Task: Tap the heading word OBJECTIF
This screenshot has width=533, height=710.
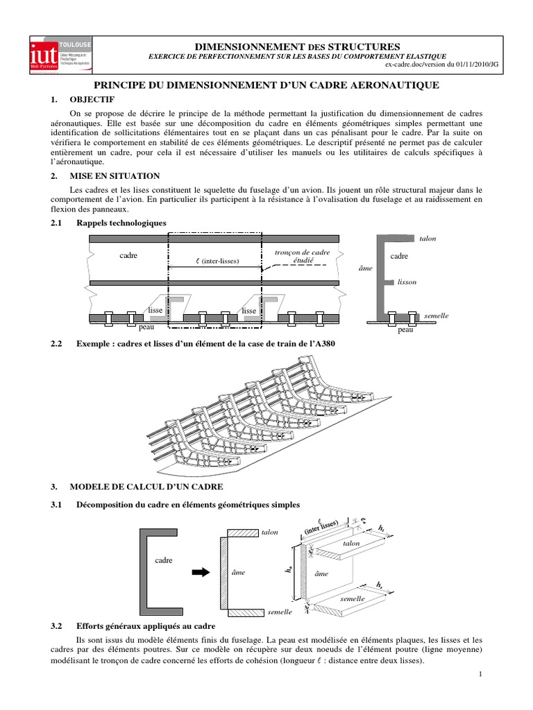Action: (93, 99)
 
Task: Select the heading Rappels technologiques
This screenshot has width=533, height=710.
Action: (121, 223)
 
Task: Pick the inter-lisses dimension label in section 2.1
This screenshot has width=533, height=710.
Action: (216, 262)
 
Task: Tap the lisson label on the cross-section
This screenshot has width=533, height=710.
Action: (407, 282)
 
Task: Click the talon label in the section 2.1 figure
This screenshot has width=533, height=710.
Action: (427, 239)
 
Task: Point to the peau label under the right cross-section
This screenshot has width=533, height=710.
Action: (406, 331)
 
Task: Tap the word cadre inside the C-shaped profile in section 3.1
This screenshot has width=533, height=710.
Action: (164, 560)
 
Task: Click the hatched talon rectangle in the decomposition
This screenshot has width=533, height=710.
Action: (242, 532)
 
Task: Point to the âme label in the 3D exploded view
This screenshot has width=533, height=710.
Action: (321, 574)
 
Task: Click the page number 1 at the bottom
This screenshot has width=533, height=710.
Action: (479, 674)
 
